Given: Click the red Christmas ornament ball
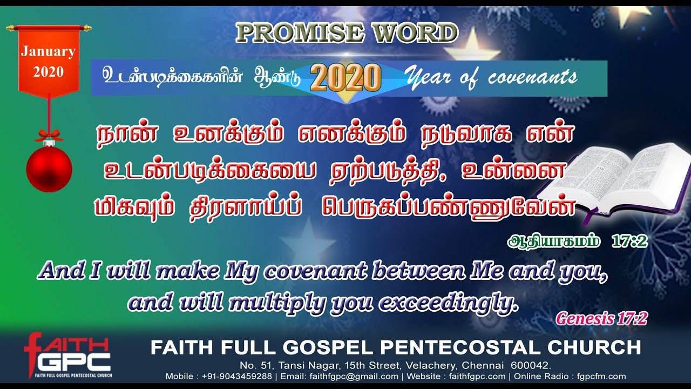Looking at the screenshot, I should (49, 168).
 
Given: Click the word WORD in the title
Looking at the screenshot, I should (414, 33).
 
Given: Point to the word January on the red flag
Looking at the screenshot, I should (48, 52).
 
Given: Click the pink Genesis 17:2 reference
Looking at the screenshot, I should (602, 319).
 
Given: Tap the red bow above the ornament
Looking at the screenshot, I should (49, 135).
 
